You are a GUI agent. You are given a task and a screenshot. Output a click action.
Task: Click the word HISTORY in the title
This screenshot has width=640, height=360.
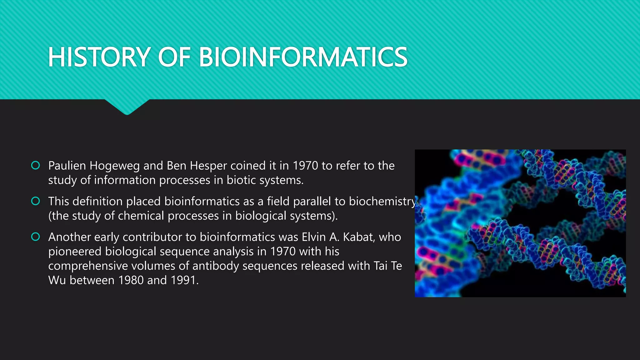pyautogui.click(x=99, y=57)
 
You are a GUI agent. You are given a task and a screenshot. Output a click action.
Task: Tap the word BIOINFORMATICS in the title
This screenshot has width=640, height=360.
pyautogui.click(x=303, y=57)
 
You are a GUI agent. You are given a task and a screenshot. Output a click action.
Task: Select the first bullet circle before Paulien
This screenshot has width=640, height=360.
pyautogui.click(x=36, y=165)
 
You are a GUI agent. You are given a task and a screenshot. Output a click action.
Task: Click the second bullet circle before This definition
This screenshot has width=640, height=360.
pyautogui.click(x=36, y=201)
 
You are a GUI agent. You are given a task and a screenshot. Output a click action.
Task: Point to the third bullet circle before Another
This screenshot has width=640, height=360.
pyautogui.click(x=36, y=237)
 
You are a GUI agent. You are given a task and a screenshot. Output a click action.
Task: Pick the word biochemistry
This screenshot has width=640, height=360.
pyautogui.click(x=382, y=202)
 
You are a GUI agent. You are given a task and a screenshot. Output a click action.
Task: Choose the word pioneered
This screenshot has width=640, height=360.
pyautogui.click(x=75, y=252)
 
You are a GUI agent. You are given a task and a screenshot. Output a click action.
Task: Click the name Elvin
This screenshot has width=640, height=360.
pyautogui.click(x=314, y=237)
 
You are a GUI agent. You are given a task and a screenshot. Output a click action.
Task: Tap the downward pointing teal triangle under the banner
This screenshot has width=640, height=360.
pyautogui.click(x=127, y=106)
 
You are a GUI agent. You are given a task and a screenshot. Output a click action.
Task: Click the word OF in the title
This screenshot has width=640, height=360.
pyautogui.click(x=174, y=57)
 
